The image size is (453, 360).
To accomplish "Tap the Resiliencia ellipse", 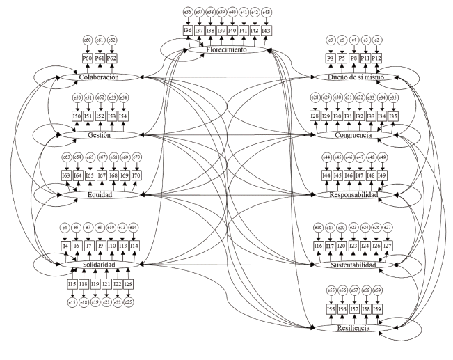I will [353, 327].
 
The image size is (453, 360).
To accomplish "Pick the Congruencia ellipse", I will [353, 135].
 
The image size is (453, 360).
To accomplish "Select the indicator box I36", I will [188, 31].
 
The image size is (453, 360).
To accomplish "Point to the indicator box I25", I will [129, 286].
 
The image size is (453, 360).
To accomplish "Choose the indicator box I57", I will [354, 308].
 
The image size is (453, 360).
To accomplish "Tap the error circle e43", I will [267, 12].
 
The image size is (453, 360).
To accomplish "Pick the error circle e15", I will [72, 302].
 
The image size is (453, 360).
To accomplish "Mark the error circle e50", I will [78, 97].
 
